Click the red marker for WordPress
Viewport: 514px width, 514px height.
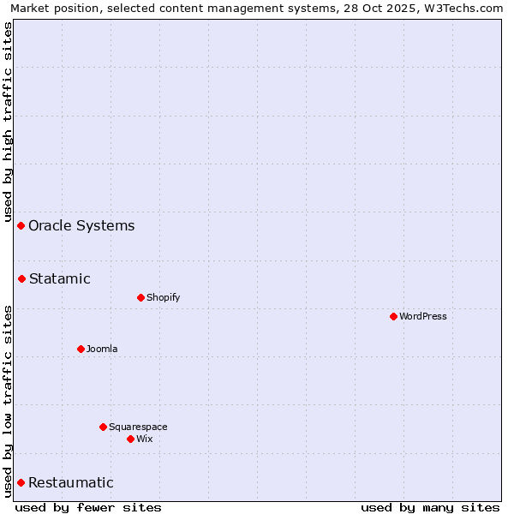393,316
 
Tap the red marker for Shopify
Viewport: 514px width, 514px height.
140,297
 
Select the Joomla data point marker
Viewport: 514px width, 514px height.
81,349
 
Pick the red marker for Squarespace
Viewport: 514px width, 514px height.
103,427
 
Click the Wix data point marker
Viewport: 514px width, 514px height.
130,439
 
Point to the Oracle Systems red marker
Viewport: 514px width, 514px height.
21,225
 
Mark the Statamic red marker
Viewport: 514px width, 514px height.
21,278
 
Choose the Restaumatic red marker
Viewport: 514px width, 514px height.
21,482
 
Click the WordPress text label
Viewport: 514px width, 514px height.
422,316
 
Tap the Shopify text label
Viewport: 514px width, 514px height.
163,297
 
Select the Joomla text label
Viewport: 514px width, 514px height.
102,349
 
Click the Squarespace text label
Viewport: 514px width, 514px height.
138,427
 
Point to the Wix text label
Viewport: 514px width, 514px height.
144,439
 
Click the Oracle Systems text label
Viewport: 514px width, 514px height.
81,225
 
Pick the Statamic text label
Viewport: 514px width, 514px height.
59,278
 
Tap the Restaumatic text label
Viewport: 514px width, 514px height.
70,482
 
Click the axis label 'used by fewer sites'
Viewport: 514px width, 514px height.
88,507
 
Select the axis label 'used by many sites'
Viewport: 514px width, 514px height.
430,507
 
